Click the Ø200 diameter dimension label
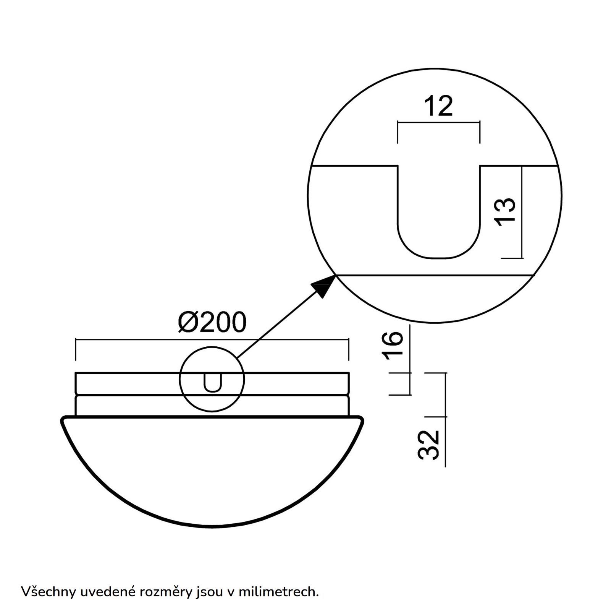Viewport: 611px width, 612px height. point(212,323)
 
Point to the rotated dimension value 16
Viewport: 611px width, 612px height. point(393,346)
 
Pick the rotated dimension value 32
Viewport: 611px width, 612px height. point(428,445)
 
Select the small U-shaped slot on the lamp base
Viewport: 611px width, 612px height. point(212,383)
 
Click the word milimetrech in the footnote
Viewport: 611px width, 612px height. point(278,591)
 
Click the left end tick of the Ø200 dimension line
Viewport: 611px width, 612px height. point(76,349)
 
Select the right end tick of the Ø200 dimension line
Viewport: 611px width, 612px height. point(348,349)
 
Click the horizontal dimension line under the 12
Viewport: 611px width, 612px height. point(439,122)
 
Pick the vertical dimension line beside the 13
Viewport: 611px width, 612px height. point(522,212)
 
